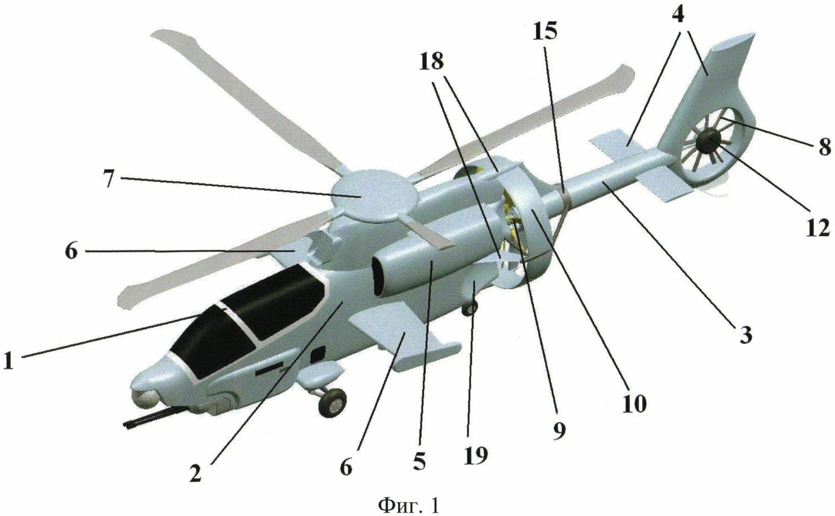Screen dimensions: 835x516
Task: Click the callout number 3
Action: pyautogui.click(x=745, y=335)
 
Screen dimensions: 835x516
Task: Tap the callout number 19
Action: pyautogui.click(x=476, y=455)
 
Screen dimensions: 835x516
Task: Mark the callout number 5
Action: pyautogui.click(x=419, y=462)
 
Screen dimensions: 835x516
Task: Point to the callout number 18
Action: pyautogui.click(x=432, y=62)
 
